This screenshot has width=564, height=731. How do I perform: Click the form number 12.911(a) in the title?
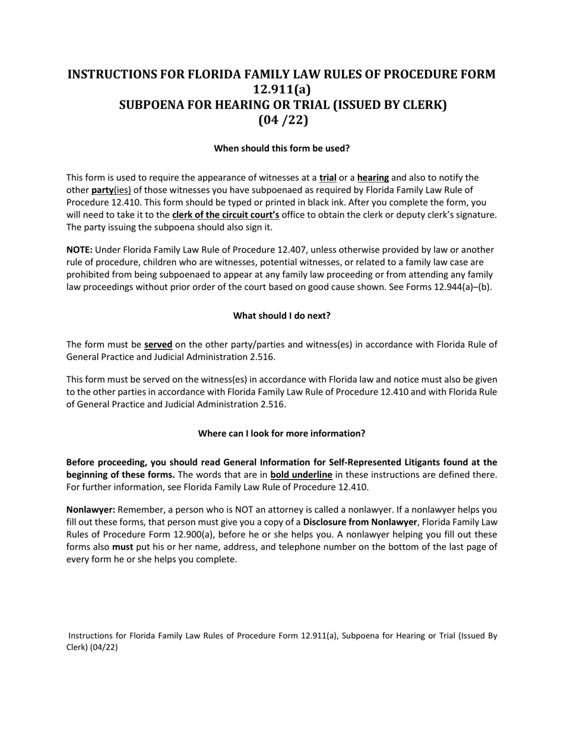point(281,90)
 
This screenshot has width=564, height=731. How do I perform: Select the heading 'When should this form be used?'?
point(281,149)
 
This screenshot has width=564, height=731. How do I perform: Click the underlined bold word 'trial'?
point(328,178)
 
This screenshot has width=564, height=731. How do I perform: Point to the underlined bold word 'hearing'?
point(373,178)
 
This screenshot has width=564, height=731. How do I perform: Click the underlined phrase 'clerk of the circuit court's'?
point(226,215)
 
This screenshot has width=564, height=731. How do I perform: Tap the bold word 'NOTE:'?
point(80,250)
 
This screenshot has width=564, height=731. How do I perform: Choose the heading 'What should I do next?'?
point(281,316)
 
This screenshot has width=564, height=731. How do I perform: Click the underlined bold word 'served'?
point(158,345)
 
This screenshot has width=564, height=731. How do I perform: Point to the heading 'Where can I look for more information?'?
point(281,434)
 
